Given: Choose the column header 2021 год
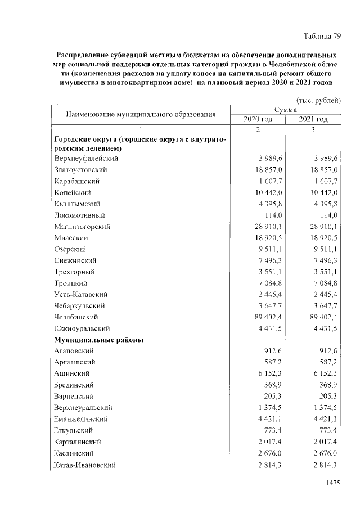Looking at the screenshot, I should tap(313, 119).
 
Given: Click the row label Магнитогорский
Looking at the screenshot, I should tap(82, 226).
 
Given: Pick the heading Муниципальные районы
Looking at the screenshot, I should tap(98, 340).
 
